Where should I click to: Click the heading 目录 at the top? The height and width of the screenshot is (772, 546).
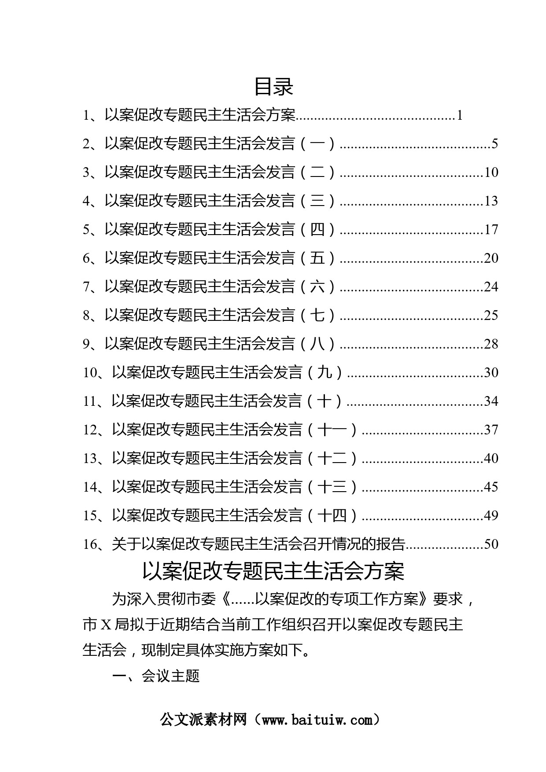click(273, 86)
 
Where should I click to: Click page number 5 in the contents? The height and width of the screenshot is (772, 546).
click(494, 143)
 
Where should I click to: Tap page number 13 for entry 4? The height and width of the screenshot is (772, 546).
click(491, 201)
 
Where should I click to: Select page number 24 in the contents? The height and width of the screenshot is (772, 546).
click(491, 287)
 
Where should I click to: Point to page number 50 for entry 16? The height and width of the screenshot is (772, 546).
click(491, 544)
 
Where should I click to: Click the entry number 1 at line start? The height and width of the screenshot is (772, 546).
click(86, 115)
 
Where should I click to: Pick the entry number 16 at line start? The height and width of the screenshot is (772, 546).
click(90, 544)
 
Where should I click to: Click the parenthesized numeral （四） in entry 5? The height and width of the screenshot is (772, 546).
click(317, 229)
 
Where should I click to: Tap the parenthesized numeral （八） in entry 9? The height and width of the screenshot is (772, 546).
click(317, 344)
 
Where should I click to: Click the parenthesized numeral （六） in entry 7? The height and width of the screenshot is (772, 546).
click(317, 287)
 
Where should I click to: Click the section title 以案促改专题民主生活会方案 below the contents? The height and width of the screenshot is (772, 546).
click(273, 571)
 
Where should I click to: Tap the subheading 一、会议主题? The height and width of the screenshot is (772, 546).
click(156, 676)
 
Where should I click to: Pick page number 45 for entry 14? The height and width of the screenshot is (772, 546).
click(491, 487)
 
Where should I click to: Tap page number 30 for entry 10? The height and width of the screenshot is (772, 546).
click(491, 372)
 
